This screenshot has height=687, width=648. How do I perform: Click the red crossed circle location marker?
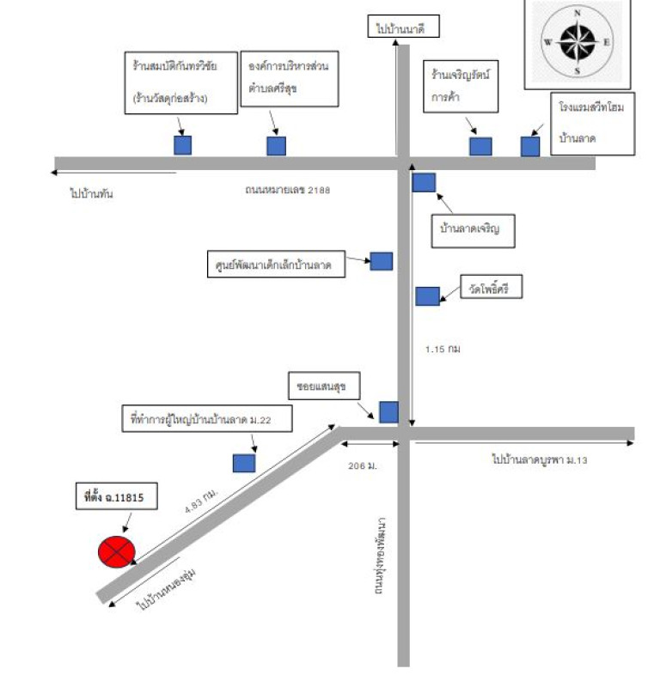[x=116, y=551]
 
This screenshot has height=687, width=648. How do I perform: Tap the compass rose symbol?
[x=578, y=41]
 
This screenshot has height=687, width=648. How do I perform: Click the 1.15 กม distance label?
[x=443, y=350]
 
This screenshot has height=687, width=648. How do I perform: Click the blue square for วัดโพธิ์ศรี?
[x=427, y=296]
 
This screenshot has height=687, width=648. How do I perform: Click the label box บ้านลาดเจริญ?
[x=475, y=229]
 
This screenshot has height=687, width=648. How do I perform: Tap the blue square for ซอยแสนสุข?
[x=388, y=412]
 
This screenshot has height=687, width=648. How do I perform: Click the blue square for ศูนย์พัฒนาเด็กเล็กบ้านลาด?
[x=382, y=261]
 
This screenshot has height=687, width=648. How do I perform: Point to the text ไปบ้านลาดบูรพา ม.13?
[x=539, y=460]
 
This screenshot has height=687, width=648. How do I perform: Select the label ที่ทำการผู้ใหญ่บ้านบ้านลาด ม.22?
[x=208, y=420]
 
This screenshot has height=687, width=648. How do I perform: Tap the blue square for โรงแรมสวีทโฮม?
[x=530, y=146]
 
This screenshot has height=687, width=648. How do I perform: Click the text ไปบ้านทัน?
[x=92, y=194]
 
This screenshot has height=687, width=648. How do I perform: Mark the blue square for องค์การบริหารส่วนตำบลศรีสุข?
[x=276, y=146]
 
